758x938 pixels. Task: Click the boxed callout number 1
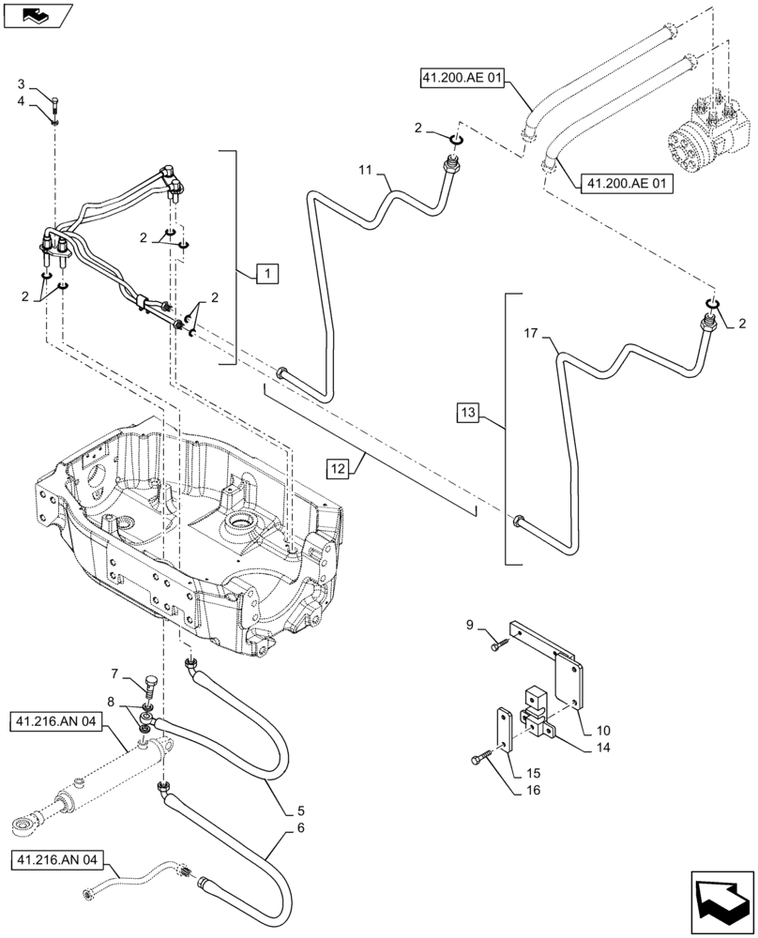(267, 274)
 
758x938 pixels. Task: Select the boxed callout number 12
(339, 467)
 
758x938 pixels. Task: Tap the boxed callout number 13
(470, 413)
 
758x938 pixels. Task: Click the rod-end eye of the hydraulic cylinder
(25, 825)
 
